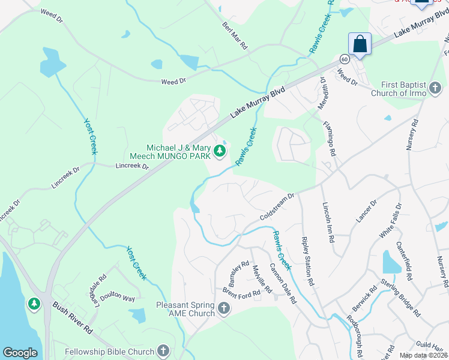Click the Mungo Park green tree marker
click(219, 154)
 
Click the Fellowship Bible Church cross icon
click(163, 350)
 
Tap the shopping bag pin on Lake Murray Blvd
click(360, 44)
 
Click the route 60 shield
click(343, 59)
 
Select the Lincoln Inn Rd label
click(328, 221)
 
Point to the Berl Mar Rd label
click(235, 37)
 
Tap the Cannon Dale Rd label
click(282, 283)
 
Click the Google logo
click(20, 353)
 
